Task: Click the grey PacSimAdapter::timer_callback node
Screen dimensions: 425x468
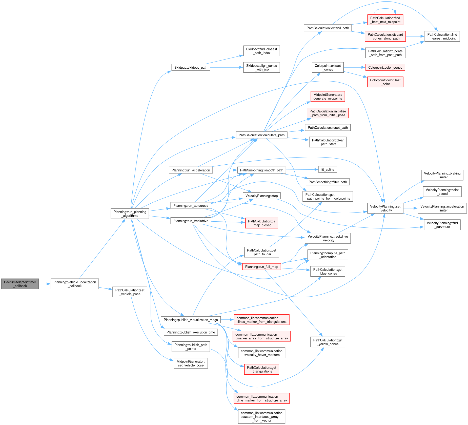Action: tap(20, 284)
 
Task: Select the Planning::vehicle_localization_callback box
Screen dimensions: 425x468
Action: tap(75, 284)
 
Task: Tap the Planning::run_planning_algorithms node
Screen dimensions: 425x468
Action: tap(130, 214)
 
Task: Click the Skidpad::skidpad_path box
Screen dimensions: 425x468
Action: tap(191, 68)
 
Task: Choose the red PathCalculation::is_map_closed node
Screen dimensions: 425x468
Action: tap(261, 223)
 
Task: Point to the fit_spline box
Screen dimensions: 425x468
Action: tap(328, 170)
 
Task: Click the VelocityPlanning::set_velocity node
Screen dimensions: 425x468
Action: tap(385, 208)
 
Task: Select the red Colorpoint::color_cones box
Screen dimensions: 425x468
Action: tap(385, 68)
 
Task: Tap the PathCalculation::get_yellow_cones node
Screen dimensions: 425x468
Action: tap(328, 342)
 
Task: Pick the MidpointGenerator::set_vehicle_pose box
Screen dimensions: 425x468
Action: tap(191, 363)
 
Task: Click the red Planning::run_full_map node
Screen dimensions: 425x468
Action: tap(261, 267)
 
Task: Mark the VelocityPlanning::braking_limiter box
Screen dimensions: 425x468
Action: tap(442, 175)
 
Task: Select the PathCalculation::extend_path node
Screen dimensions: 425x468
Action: tap(328, 28)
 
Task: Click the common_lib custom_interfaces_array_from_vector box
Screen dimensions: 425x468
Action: tap(261, 417)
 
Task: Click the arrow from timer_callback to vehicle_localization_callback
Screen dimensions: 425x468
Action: tap(45, 284)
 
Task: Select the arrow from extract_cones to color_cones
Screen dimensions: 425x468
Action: tap(354, 68)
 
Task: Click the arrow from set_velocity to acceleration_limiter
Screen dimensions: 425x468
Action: tap(410, 208)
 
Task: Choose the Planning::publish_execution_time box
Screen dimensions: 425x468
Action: tap(191, 332)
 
